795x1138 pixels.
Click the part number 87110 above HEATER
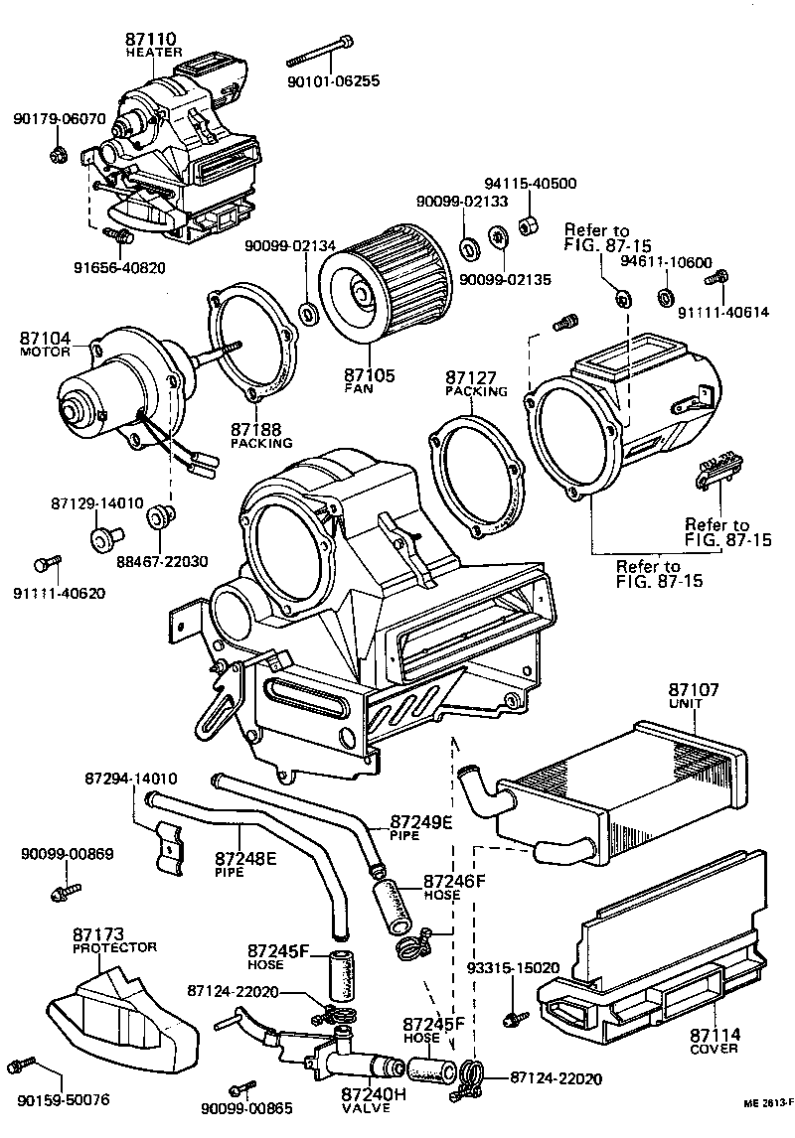[x=150, y=40]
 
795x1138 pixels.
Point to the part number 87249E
[x=421, y=821]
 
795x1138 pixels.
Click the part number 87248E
[x=245, y=857]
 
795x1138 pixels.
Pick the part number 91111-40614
[x=722, y=312]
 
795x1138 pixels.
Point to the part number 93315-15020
[x=514, y=967]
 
